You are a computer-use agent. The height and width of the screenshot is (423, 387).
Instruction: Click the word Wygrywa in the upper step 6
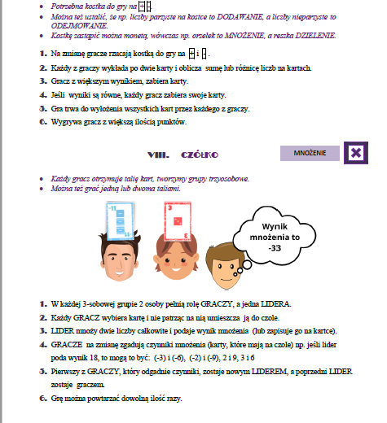click(x=56, y=122)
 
